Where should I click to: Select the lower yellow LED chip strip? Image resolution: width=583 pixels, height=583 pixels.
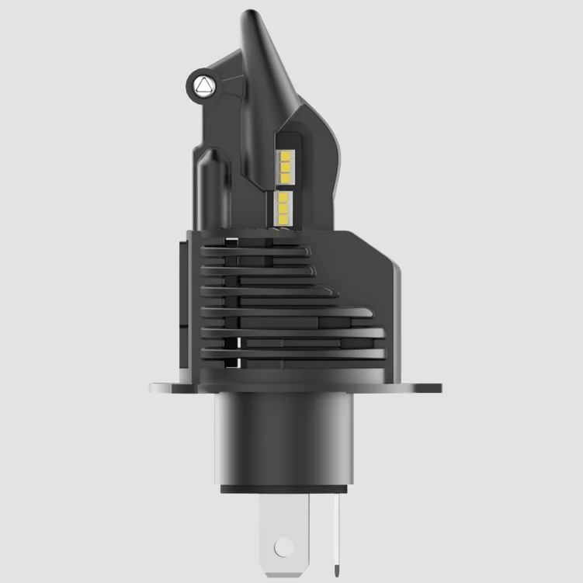pyautogui.click(x=283, y=206)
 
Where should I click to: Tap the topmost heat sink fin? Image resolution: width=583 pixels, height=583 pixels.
pyautogui.click(x=256, y=251)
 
